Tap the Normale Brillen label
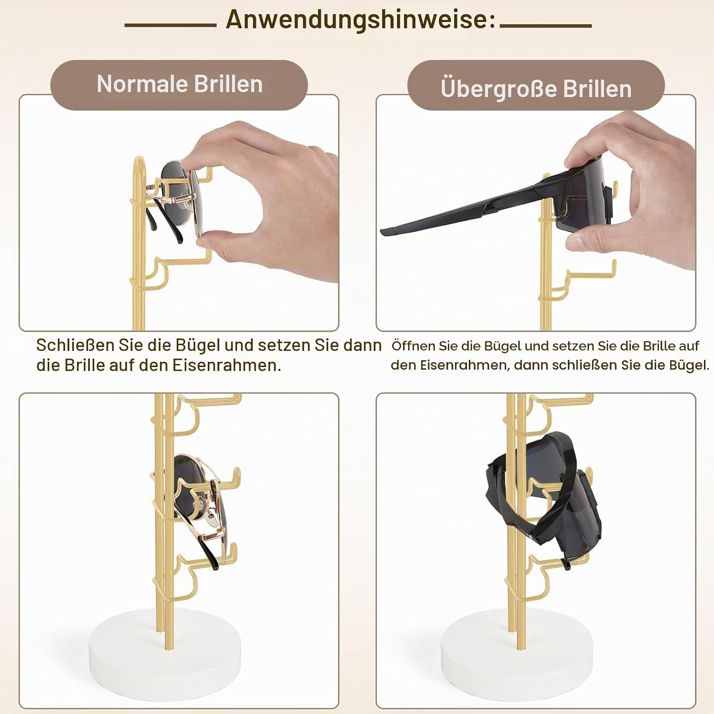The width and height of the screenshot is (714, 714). (x=179, y=84)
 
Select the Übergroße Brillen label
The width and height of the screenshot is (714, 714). (x=536, y=89)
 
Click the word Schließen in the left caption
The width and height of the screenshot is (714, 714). (x=75, y=345)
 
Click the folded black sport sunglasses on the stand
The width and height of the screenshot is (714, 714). (x=543, y=495)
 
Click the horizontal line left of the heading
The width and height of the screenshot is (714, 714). (x=170, y=25)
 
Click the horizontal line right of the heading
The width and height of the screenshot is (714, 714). (x=545, y=25)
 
